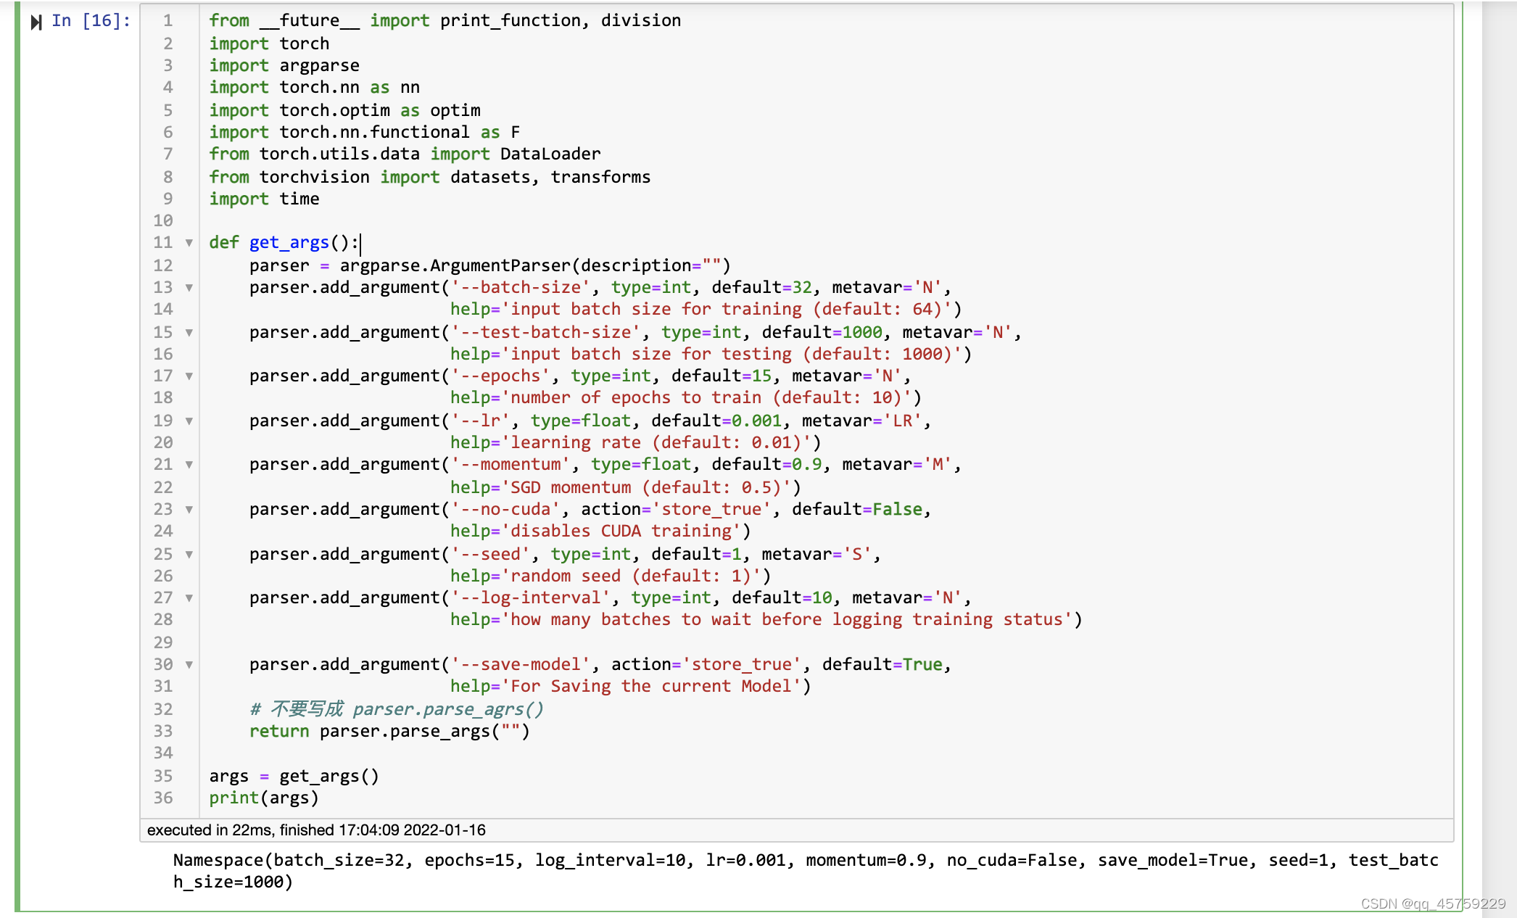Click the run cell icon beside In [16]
click(x=36, y=22)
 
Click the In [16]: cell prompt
click(x=91, y=21)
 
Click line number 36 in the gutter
click(x=163, y=798)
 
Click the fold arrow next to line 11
click(x=189, y=243)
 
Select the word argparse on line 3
click(x=319, y=65)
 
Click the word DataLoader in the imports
click(x=550, y=154)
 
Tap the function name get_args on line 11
click(x=289, y=242)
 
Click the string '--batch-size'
click(x=520, y=287)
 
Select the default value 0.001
click(x=756, y=421)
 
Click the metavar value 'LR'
click(x=902, y=421)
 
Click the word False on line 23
click(x=897, y=509)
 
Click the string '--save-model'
click(x=520, y=664)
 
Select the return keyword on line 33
click(x=279, y=731)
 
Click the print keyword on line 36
click(x=233, y=798)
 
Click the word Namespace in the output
click(x=218, y=860)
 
